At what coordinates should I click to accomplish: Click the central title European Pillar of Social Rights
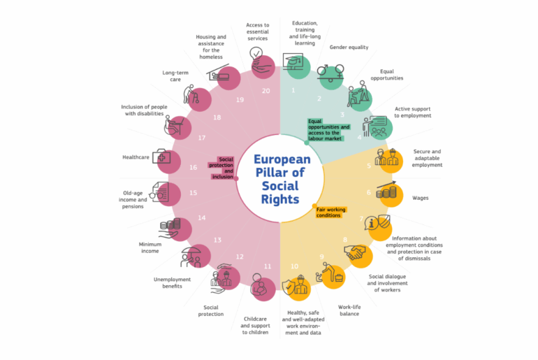[281, 180]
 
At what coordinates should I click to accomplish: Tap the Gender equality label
[349, 48]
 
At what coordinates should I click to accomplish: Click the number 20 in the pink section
[266, 91]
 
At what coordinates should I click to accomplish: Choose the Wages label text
[421, 198]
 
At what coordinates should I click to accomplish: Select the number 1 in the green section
[293, 90]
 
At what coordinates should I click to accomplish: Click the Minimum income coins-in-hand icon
[170, 228]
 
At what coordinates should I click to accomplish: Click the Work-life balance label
[349, 310]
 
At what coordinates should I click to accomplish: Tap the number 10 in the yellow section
[294, 266]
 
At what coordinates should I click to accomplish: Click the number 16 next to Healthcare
[194, 167]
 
